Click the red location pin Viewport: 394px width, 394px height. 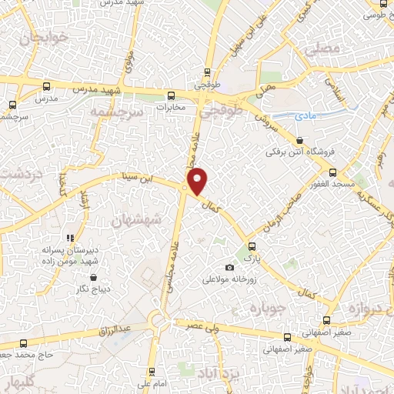pos(198,180)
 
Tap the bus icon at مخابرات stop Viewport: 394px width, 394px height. pos(171,95)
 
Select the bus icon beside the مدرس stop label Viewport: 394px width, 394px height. pos(47,87)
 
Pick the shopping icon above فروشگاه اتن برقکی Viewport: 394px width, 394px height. pos(299,140)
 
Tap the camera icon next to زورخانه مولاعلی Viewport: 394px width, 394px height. pos(229,267)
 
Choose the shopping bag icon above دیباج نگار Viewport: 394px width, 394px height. pos(94,277)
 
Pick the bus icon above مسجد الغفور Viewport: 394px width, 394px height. pos(333,173)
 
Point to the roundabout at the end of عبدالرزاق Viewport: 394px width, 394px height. pos(159,318)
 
